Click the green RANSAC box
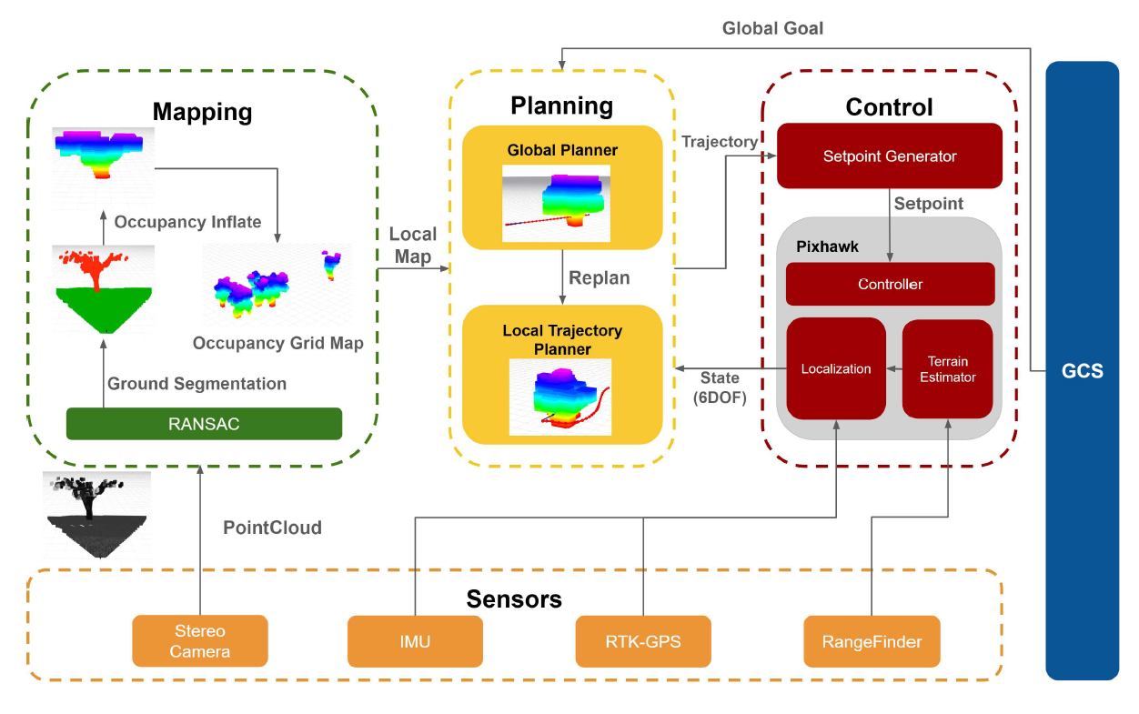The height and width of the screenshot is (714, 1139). click(x=204, y=424)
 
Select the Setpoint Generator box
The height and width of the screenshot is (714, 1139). click(x=889, y=156)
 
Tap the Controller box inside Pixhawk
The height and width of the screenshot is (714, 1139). click(x=890, y=285)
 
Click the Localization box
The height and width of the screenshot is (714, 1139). click(x=835, y=368)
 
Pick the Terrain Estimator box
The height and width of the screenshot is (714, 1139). click(x=947, y=368)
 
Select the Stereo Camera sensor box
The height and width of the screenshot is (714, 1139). click(x=200, y=641)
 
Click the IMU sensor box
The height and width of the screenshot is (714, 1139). click(x=415, y=641)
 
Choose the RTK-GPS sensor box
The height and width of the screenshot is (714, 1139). click(x=643, y=641)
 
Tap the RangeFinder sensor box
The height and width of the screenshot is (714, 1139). click(x=872, y=641)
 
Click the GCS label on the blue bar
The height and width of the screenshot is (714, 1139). click(x=1082, y=371)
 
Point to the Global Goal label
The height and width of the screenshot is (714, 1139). click(x=772, y=28)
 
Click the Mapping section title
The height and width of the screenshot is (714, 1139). click(x=202, y=112)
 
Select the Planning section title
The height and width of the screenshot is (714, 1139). click(x=561, y=106)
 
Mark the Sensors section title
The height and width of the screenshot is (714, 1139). click(x=514, y=599)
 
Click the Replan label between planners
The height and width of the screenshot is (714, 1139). click(x=599, y=277)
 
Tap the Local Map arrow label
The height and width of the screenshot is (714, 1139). click(x=413, y=246)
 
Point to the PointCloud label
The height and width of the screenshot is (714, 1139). click(x=272, y=528)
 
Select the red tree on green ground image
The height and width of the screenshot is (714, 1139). click(x=101, y=288)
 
